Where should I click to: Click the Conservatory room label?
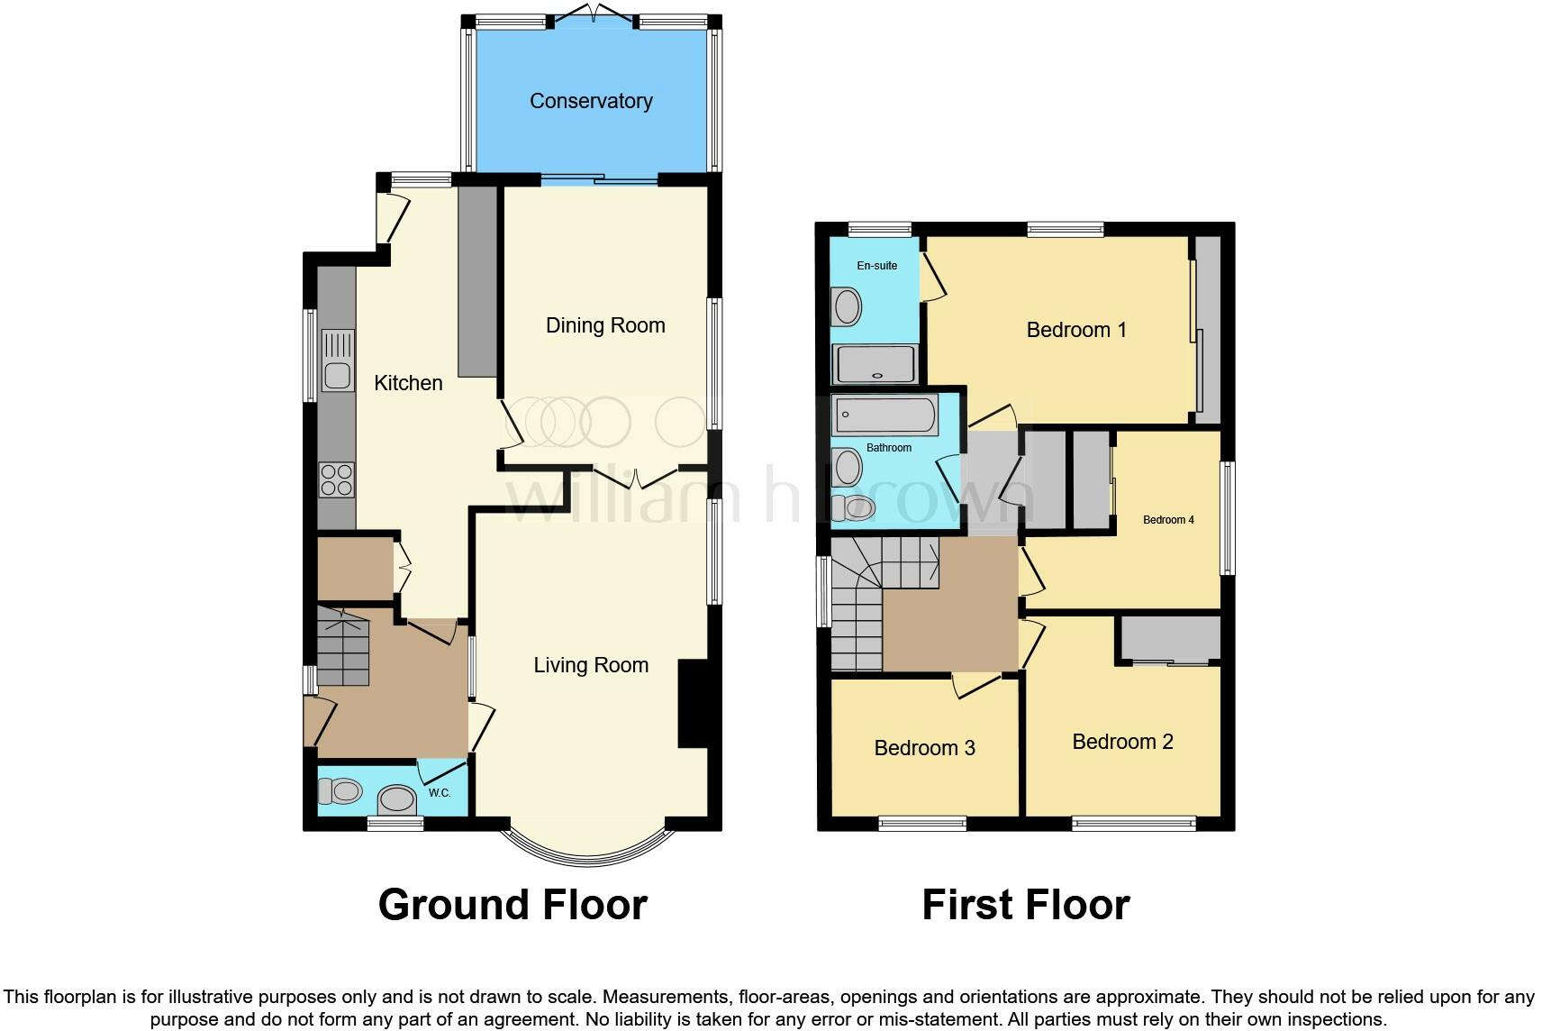tap(591, 101)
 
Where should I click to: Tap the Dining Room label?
tap(605, 325)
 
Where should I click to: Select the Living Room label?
tap(591, 665)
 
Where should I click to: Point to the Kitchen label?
tap(408, 383)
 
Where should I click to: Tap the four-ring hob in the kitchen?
tap(337, 479)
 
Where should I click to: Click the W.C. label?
tap(440, 793)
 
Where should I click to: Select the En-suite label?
tap(876, 266)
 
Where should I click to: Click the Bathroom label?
tap(889, 448)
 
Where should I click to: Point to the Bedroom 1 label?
tap(1076, 330)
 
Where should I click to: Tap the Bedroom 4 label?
tap(1168, 520)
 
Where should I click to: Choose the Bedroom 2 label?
tap(1122, 742)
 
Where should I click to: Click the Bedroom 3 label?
tap(924, 748)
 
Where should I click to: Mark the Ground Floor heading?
tap(512, 905)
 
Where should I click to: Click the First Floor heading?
tap(1025, 905)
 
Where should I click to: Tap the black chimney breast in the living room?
tap(693, 704)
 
